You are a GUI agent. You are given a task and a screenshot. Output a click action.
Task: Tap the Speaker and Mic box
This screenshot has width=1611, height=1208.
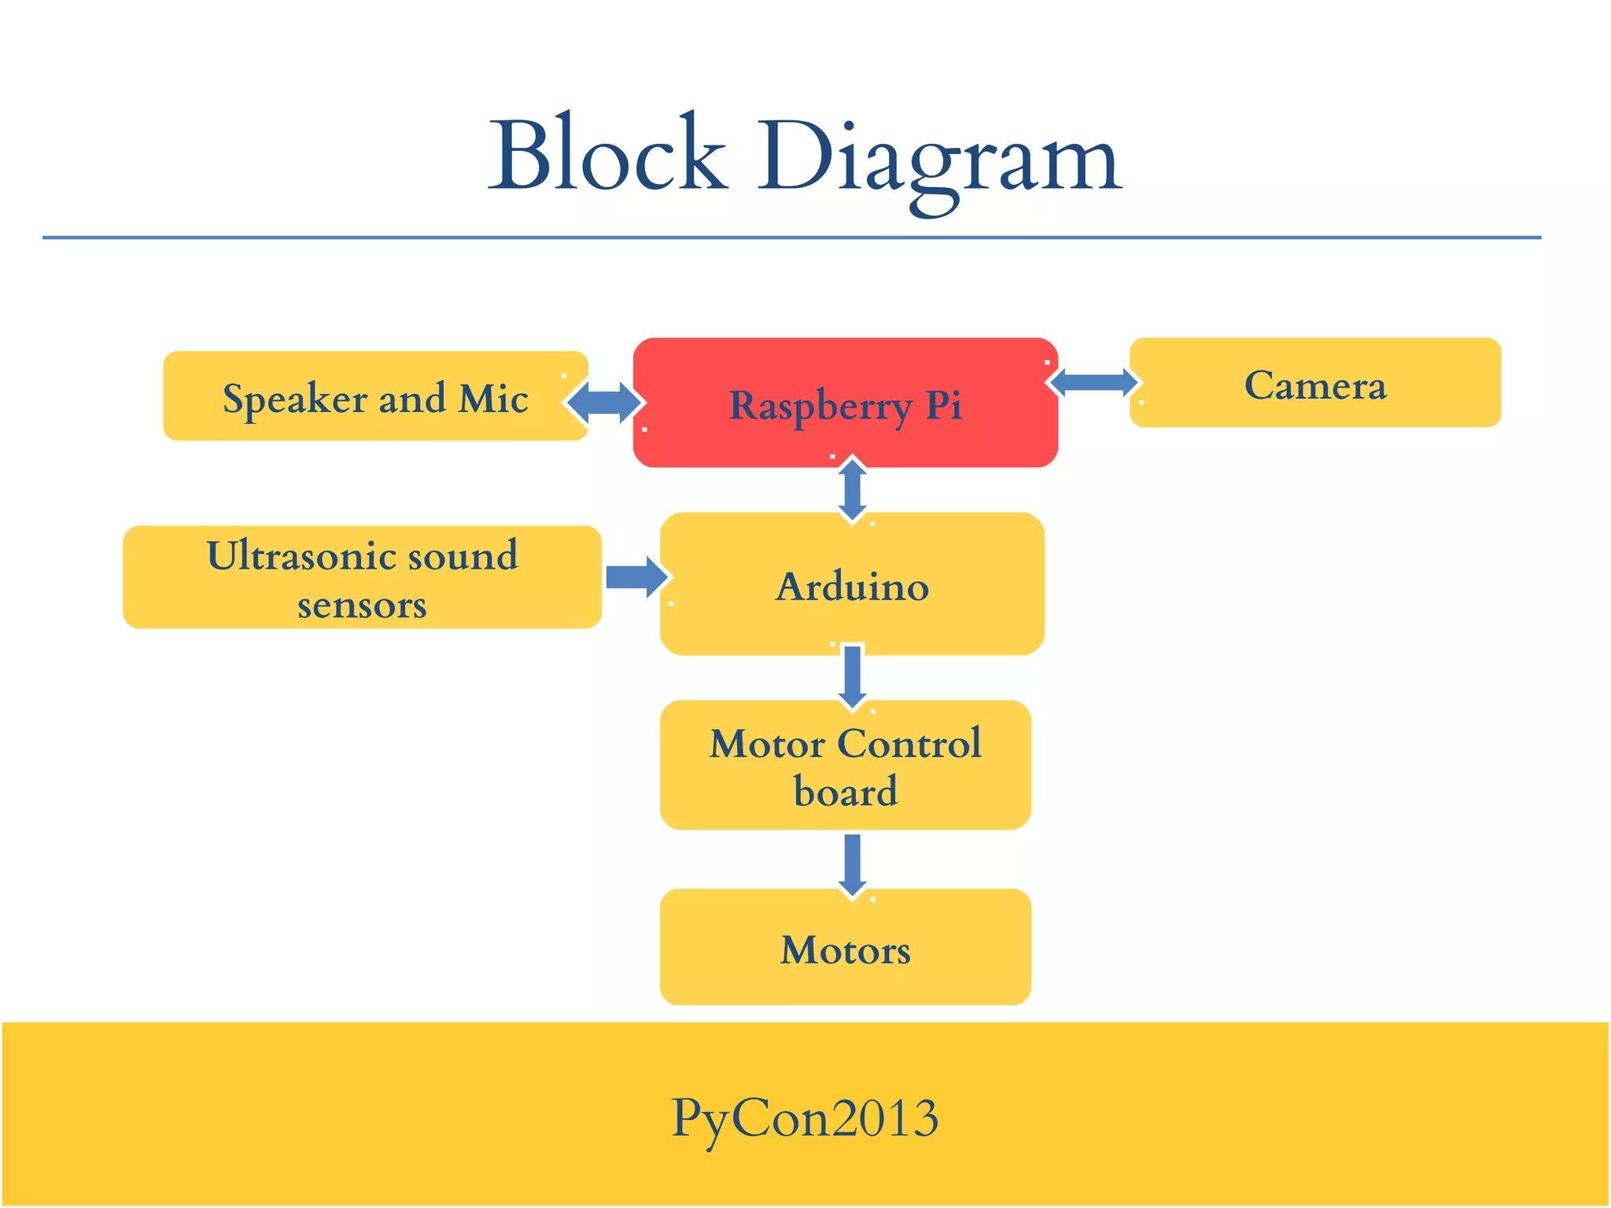(375, 397)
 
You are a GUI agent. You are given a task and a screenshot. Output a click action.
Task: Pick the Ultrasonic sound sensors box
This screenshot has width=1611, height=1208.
(362, 578)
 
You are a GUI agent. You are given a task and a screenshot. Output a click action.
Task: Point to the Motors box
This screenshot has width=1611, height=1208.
(846, 948)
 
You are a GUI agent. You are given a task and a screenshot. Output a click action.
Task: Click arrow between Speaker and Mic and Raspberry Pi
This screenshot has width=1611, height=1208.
(604, 403)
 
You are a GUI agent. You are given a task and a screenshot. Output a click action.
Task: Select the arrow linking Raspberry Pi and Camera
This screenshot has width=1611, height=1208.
(1094, 383)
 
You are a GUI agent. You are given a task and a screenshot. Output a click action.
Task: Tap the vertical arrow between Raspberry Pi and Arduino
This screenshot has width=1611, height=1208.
(853, 490)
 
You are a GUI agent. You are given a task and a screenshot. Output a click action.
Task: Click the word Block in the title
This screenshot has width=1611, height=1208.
(607, 154)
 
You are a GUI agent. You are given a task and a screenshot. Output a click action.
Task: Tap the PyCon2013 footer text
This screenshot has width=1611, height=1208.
(805, 1117)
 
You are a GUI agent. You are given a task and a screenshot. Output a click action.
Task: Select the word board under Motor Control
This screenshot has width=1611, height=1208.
(846, 791)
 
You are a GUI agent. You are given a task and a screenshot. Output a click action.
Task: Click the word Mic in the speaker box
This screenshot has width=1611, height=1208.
(493, 398)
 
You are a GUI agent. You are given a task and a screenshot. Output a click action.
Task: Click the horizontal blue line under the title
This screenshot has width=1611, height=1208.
(791, 237)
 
